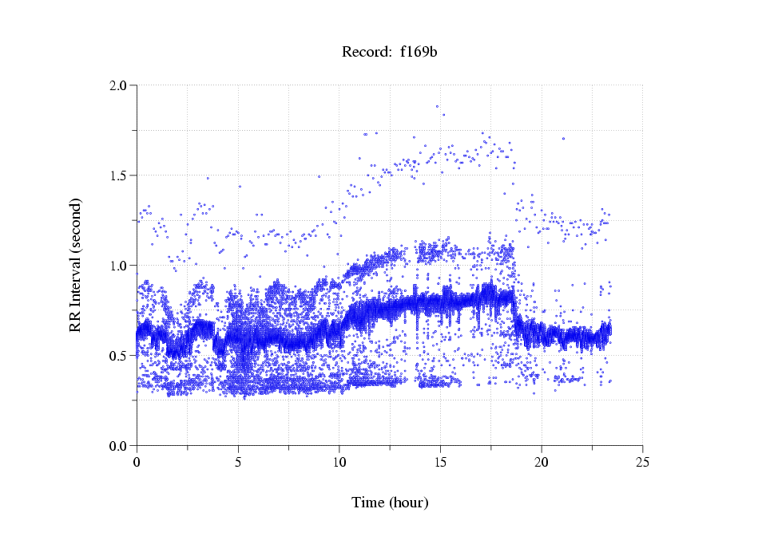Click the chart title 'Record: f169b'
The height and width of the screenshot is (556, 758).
click(390, 53)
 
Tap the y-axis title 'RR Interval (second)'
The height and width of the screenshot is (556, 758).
click(75, 264)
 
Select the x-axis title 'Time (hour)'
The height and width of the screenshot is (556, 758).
click(390, 503)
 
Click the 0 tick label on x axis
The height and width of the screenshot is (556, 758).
click(137, 462)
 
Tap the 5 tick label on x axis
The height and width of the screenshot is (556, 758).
click(238, 462)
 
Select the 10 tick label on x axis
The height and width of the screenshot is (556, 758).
click(339, 462)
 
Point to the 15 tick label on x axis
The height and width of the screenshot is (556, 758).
click(440, 462)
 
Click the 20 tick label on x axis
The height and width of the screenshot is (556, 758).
click(542, 462)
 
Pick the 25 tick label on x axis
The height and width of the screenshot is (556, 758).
click(642, 462)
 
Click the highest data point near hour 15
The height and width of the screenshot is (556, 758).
click(437, 106)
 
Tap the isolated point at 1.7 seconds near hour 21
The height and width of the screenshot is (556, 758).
click(563, 138)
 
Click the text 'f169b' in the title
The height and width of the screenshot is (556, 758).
click(419, 53)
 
